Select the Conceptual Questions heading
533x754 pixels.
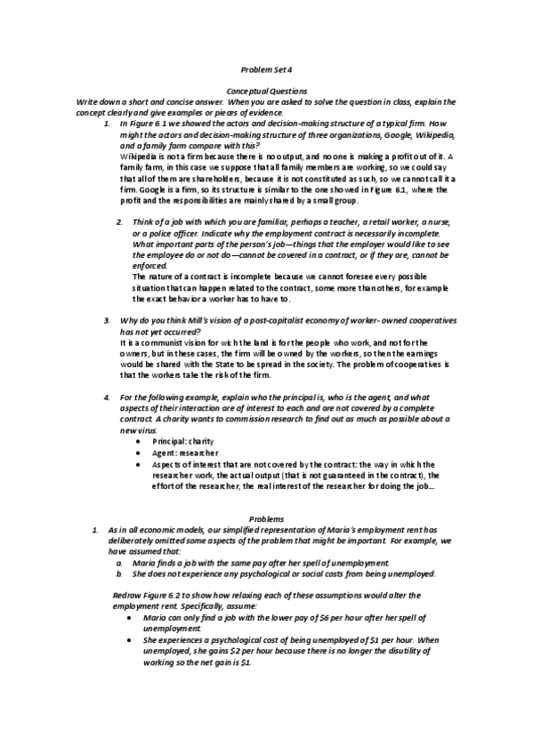tap(267, 91)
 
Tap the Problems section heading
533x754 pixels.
tap(266, 517)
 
